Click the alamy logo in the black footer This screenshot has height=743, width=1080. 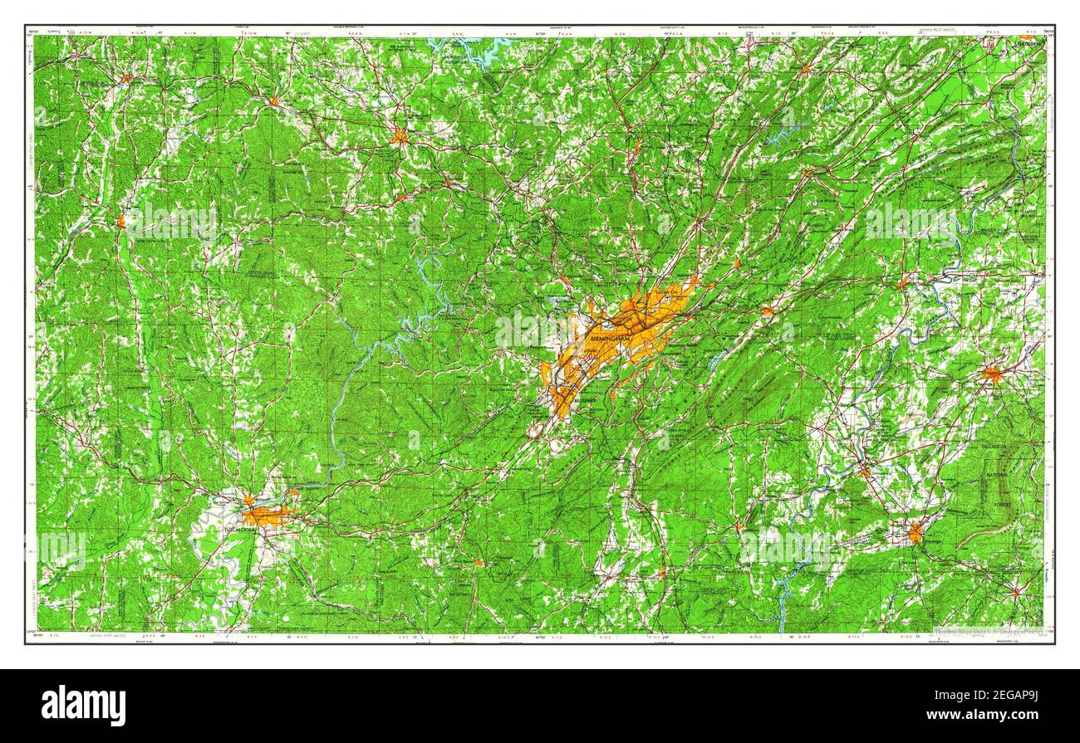coord(84,706)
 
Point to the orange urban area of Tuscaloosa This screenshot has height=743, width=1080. coord(268,516)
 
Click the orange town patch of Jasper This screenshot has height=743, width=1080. coord(400,136)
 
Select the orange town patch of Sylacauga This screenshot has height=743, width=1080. coord(915,533)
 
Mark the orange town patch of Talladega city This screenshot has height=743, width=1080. coord(992,374)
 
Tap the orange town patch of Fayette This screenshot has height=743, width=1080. coord(121,221)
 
